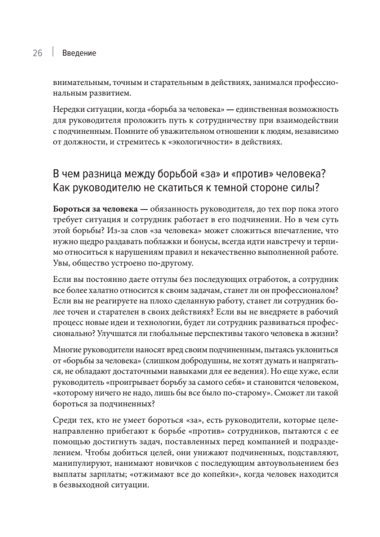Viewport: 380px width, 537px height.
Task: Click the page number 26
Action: [x=37, y=53]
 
